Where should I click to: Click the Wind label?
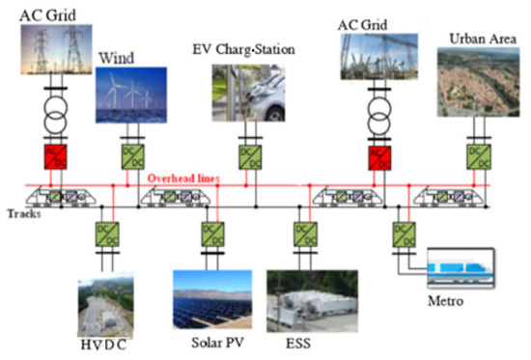[x=116, y=57]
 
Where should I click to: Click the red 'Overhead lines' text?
[x=184, y=179]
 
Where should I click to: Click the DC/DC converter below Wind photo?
[x=130, y=155]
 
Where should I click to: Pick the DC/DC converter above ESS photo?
[x=302, y=233]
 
